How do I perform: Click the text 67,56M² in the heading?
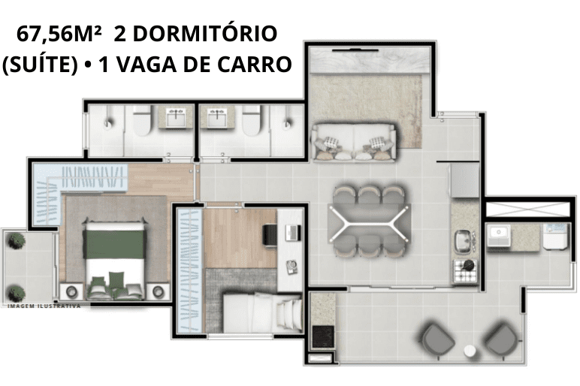click(59, 34)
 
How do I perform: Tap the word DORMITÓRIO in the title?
click(205, 33)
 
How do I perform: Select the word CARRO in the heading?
click(255, 64)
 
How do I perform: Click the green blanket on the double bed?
click(115, 244)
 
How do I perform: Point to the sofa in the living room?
click(354, 143)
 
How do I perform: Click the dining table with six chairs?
click(369, 222)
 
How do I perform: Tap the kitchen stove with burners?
click(465, 271)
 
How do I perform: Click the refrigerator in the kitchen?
click(464, 180)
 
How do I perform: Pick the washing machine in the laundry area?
click(555, 236)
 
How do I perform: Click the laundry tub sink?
click(499, 236)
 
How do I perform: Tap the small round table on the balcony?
click(470, 351)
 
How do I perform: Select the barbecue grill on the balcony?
click(323, 336)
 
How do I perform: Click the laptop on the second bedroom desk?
click(292, 233)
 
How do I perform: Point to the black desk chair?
click(270, 234)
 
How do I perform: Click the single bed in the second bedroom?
click(263, 312)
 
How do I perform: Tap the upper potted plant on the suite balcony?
click(17, 241)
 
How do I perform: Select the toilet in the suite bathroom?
click(142, 119)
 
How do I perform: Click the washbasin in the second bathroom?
click(216, 117)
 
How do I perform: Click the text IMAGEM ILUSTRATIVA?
click(44, 306)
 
